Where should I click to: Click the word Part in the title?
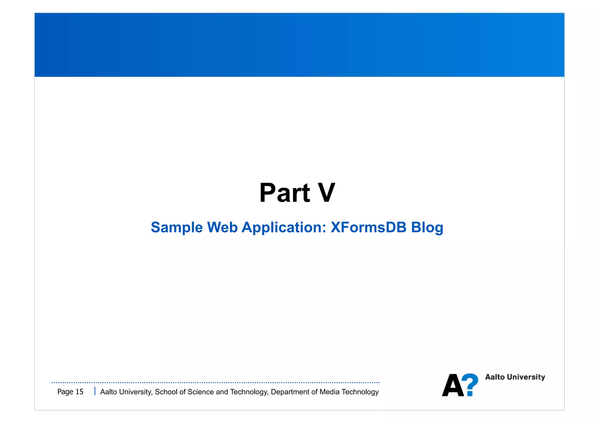coord(285,193)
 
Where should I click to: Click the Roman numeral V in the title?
coord(326,193)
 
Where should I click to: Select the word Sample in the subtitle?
coord(177,228)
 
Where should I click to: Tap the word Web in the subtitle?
coord(222,227)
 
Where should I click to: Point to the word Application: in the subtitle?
coord(284,228)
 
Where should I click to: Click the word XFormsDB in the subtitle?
coord(369,227)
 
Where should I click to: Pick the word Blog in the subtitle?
coord(427,228)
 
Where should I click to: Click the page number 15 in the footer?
coord(80,392)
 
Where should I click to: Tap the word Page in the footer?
coord(65,392)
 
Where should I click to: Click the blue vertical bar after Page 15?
coord(95,391)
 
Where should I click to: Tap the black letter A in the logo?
coord(453,386)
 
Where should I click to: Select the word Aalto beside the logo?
coord(495,377)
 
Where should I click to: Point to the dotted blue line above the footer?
coord(216,382)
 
